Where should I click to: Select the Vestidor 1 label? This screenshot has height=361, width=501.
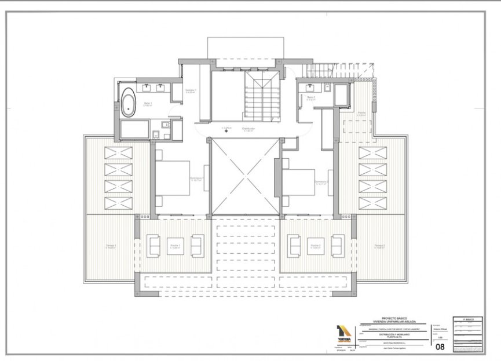(191, 91)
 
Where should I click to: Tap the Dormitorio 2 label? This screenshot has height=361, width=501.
(321, 182)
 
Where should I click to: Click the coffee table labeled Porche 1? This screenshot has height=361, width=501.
(175, 246)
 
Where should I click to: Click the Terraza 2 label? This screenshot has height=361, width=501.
(380, 246)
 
